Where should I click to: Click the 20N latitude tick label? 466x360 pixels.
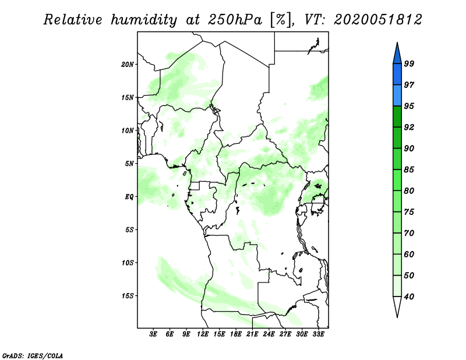tap(128, 64)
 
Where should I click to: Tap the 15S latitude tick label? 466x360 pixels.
tap(128, 296)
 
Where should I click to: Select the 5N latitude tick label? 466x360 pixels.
tap(129, 164)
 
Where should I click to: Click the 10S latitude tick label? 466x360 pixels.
tap(128, 263)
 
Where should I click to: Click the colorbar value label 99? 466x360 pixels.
tap(409, 64)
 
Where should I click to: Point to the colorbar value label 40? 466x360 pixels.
tap(409, 297)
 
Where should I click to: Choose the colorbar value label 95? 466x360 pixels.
tap(409, 106)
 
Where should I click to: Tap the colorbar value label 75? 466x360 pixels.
tap(409, 212)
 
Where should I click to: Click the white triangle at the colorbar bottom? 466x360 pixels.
tap(397, 306)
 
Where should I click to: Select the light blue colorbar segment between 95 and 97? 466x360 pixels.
tap(397, 96)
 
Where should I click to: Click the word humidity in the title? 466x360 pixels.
tap(145, 20)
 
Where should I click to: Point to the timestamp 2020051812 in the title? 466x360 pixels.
tap(377, 20)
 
